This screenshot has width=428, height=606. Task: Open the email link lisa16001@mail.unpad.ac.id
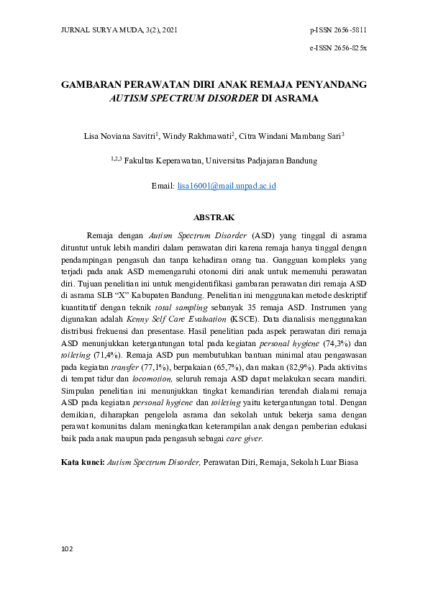click(x=227, y=186)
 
